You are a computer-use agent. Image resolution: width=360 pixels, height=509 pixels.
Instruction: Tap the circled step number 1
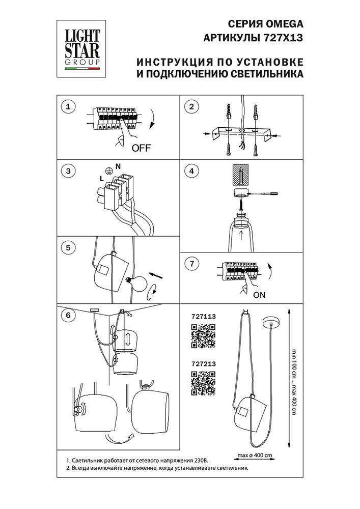pyautogui.click(x=68, y=106)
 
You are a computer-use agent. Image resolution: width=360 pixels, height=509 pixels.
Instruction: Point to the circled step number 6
pyautogui.click(x=68, y=315)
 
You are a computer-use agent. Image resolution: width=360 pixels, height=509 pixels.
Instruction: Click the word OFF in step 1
pyautogui.click(x=142, y=149)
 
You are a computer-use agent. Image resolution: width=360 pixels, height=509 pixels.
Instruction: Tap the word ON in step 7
pyautogui.click(x=259, y=295)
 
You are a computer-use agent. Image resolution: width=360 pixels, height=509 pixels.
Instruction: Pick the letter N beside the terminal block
pyautogui.click(x=118, y=166)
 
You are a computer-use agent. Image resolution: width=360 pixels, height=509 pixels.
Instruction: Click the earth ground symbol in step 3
pyautogui.click(x=107, y=172)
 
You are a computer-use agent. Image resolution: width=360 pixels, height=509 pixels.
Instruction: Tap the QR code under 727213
pyautogui.click(x=203, y=383)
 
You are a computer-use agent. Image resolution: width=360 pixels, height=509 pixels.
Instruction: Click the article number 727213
pyautogui.click(x=203, y=364)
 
